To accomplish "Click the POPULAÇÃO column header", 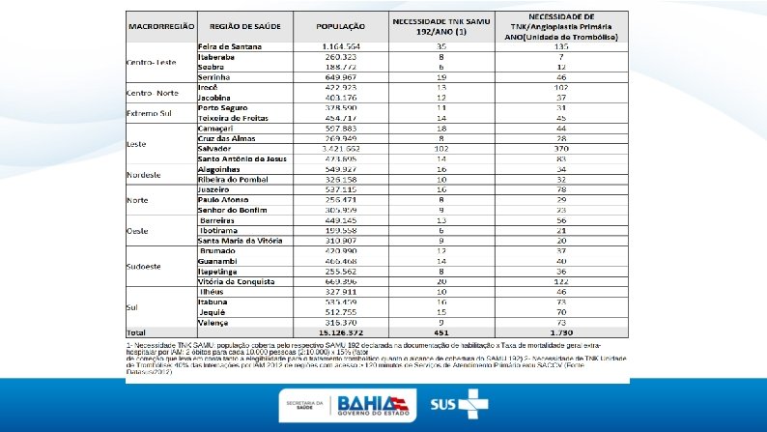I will (340, 27).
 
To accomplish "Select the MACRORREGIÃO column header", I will (161, 27).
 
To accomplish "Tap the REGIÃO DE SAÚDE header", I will (242, 27).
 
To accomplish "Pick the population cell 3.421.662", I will (340, 150).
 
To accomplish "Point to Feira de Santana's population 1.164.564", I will (340, 46).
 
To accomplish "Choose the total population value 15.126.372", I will (340, 332).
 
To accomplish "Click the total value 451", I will (440, 332).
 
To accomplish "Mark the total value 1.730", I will (561, 332).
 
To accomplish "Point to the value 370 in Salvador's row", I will (561, 150).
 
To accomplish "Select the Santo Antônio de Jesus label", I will (242, 158).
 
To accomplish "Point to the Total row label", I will (136, 332).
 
